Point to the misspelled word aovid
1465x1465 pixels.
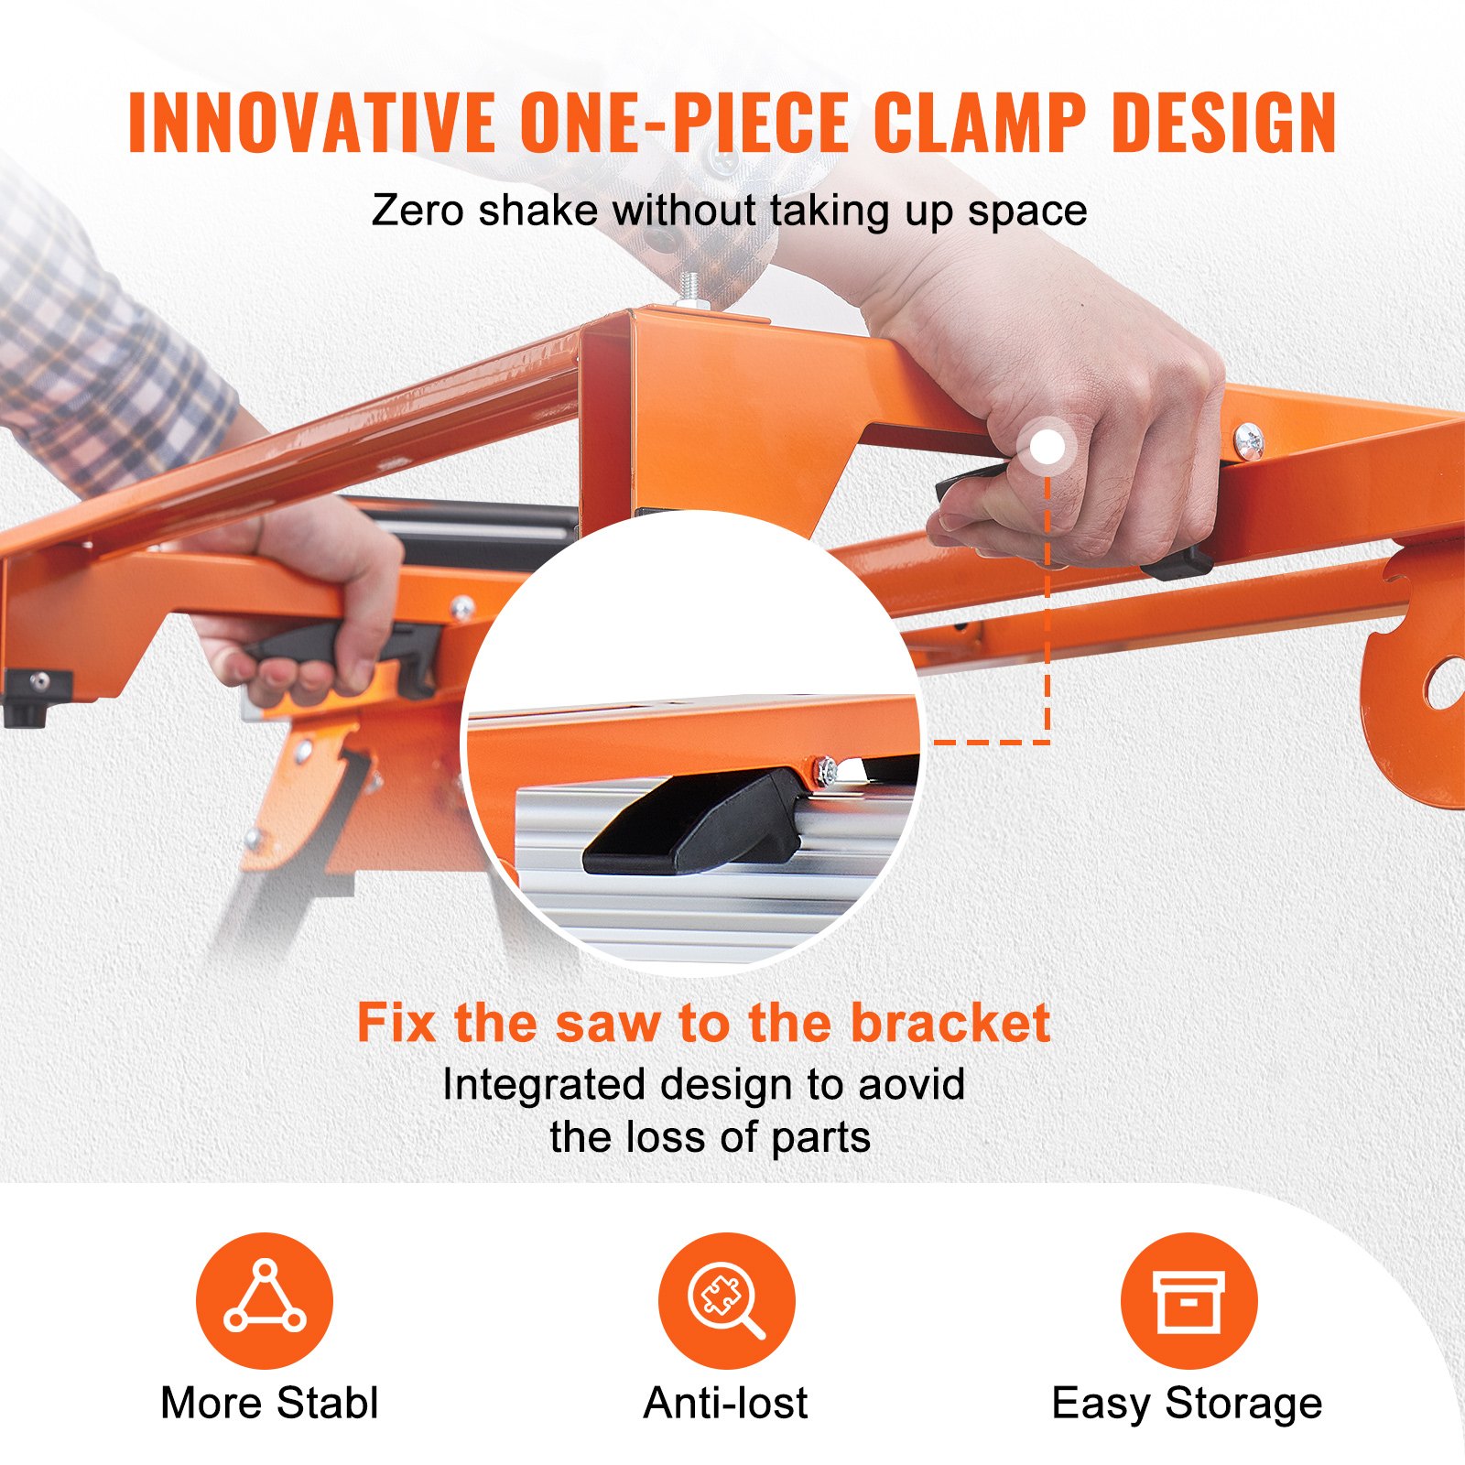pos(911,1085)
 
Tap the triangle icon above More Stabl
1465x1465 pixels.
pos(265,1299)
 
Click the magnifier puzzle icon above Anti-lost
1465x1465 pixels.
pos(726,1299)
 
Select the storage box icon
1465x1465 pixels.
pos(1188,1300)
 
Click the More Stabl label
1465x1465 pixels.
pos(269,1403)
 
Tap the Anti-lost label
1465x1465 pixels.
pos(725,1403)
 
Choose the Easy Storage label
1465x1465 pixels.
pos(1187,1403)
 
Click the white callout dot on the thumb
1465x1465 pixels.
pos(1047,448)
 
